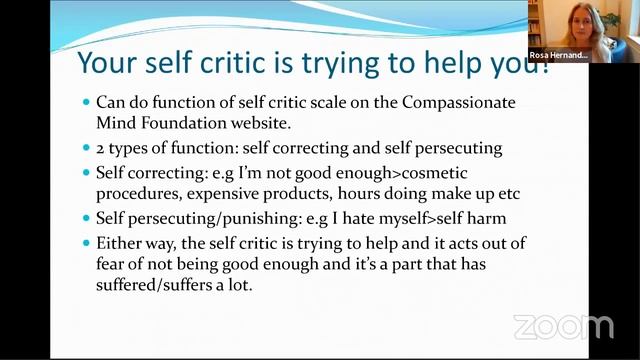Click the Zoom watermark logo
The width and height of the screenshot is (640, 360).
click(x=563, y=327)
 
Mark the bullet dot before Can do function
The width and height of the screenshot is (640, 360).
click(x=86, y=103)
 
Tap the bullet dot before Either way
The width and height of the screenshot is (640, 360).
click(x=86, y=243)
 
